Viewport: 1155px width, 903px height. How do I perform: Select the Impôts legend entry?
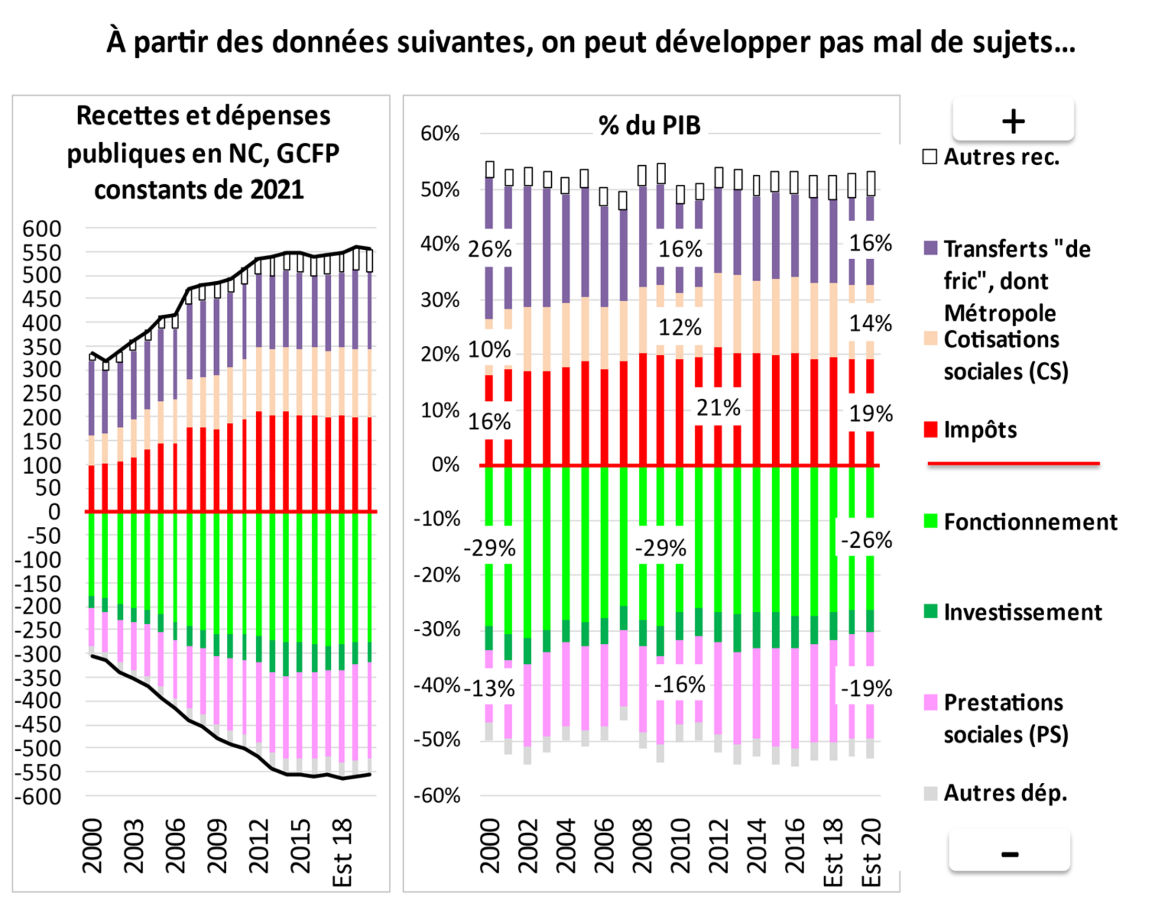click(x=980, y=430)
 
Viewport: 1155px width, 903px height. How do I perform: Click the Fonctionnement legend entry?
click(x=1030, y=522)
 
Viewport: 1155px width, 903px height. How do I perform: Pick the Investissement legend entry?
click(x=1022, y=612)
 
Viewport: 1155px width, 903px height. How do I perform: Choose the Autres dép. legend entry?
click(x=1005, y=793)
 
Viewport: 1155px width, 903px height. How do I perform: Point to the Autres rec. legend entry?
click(x=1001, y=157)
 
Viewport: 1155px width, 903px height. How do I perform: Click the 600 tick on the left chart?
click(x=42, y=229)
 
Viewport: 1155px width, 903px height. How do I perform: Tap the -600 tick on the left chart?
click(x=38, y=796)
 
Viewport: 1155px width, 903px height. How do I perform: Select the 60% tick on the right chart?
click(x=439, y=134)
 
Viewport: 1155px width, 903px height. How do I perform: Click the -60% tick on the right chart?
click(x=437, y=795)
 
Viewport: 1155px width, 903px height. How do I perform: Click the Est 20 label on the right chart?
click(x=871, y=852)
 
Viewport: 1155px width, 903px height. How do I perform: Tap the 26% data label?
click(x=490, y=249)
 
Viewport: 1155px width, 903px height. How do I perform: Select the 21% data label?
click(x=718, y=408)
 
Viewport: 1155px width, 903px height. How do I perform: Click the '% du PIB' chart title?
click(x=649, y=125)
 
